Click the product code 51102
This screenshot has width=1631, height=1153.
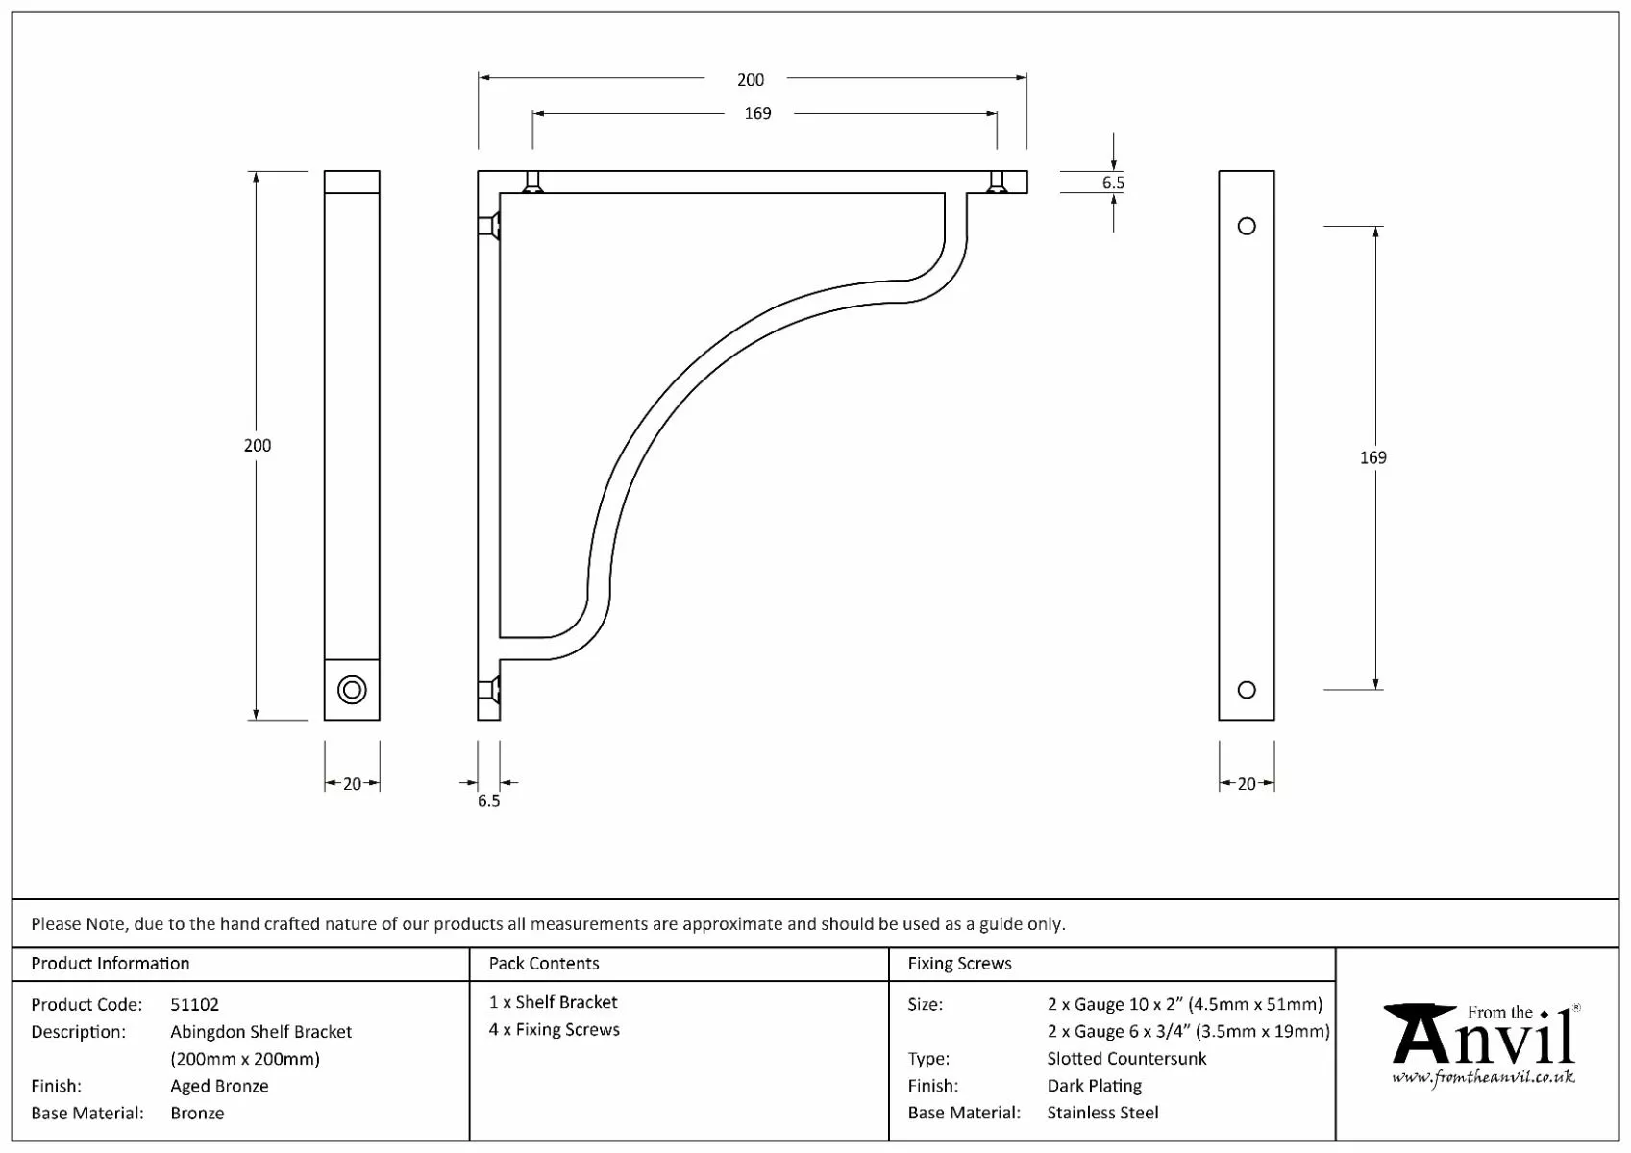click(194, 1005)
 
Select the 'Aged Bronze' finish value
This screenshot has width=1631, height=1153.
click(219, 1086)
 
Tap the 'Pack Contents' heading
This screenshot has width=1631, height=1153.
click(543, 964)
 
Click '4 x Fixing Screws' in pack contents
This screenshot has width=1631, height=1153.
click(554, 1030)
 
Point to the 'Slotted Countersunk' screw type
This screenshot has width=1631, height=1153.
click(1126, 1059)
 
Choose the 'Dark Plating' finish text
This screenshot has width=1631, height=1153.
click(1094, 1086)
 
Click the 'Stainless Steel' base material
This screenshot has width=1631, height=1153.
click(1102, 1113)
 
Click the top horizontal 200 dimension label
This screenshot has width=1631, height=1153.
click(751, 80)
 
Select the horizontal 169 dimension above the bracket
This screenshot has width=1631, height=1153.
click(757, 113)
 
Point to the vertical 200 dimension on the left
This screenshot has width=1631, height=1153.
click(258, 446)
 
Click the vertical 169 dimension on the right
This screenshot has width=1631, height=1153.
click(1372, 458)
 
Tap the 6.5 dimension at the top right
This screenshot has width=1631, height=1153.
click(1113, 183)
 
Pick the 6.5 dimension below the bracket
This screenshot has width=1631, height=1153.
click(488, 801)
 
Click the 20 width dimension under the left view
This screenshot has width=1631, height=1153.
click(352, 784)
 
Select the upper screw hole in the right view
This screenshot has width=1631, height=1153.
click(1247, 227)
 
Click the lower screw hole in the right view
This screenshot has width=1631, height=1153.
click(1247, 690)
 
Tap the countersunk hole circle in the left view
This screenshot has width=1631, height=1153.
click(352, 690)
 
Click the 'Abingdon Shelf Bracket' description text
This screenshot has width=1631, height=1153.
click(260, 1032)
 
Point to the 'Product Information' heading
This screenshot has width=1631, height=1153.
click(111, 964)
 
